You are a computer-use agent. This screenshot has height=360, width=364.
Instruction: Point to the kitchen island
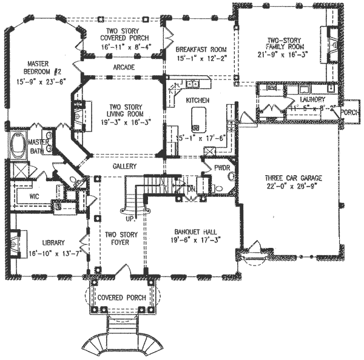coord(197,119)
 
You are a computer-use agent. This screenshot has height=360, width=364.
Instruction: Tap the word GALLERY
coord(124,166)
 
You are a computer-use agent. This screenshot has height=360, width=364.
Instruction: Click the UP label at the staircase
coord(129,218)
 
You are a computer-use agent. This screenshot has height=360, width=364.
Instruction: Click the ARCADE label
coord(124,67)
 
